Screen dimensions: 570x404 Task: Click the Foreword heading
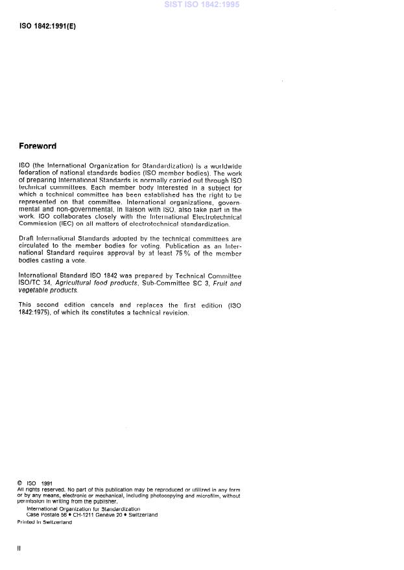[38, 147]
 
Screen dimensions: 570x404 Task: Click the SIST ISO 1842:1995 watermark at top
[202, 5]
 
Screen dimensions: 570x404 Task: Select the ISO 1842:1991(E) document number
[47, 27]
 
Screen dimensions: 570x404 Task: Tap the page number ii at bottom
[19, 548]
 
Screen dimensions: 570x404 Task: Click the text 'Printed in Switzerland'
[44, 522]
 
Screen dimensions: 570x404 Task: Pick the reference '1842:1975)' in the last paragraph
[38, 313]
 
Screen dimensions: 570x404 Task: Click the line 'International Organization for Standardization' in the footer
[83, 509]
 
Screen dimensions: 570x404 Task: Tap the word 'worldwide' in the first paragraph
[224, 167]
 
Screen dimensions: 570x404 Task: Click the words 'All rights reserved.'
[38, 490]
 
